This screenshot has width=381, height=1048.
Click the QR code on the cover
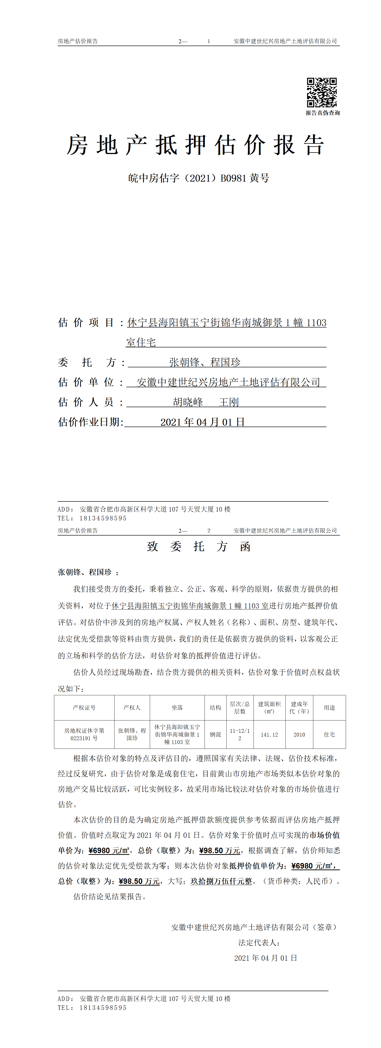click(x=321, y=92)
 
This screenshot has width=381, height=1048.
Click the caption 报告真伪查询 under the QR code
click(x=322, y=113)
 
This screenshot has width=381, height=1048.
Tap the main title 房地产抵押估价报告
click(x=195, y=145)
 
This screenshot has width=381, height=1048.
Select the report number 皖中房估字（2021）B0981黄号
click(x=199, y=178)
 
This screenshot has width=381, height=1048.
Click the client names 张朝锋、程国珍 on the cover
click(x=205, y=362)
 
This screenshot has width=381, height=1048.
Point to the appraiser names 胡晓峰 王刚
click(x=206, y=402)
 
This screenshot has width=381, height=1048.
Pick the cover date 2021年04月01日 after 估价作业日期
click(x=202, y=422)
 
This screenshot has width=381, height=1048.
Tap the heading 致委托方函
click(x=199, y=546)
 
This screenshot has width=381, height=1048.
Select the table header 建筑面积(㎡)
click(x=269, y=708)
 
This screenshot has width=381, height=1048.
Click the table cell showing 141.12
click(x=269, y=734)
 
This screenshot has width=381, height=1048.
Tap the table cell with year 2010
click(x=299, y=734)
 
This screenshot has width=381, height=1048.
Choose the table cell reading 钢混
click(x=215, y=734)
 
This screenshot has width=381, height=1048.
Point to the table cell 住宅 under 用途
click(x=329, y=734)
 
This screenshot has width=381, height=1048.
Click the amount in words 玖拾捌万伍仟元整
click(x=221, y=881)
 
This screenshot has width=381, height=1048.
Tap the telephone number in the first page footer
click(x=103, y=518)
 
